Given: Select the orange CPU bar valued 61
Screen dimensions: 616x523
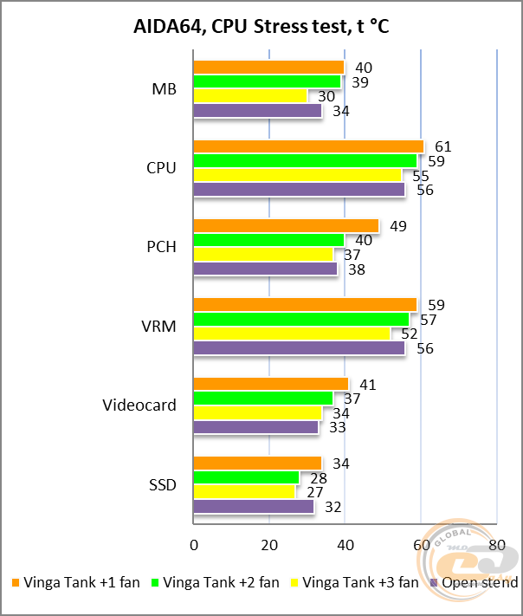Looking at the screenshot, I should (x=308, y=146).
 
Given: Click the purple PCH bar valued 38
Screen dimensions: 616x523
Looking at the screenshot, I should (x=265, y=269).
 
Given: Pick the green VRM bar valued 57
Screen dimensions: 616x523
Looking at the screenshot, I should (x=300, y=320).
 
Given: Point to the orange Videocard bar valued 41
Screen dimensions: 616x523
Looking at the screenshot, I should (x=270, y=384).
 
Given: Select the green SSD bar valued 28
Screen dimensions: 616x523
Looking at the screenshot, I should (x=246, y=478).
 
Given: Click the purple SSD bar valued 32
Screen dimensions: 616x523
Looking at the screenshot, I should (x=253, y=508).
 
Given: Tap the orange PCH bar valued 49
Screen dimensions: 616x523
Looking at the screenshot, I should (x=286, y=225).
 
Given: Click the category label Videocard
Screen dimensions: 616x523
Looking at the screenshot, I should (x=139, y=405).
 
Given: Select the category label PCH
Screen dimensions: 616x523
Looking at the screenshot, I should (x=162, y=248).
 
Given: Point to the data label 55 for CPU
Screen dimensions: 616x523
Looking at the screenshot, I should (x=420, y=176).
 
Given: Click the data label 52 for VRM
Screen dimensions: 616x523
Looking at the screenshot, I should (x=409, y=334).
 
